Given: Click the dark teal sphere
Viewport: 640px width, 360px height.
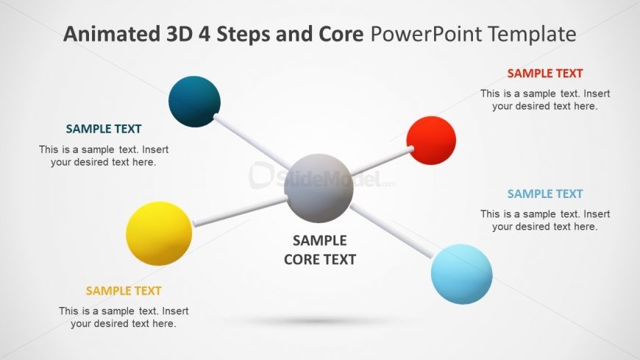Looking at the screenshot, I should point(194,101).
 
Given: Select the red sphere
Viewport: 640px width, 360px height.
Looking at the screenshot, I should point(431,140).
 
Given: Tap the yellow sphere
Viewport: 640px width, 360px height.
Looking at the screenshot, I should point(159,233).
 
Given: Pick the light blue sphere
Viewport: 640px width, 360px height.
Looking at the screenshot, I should point(461,274).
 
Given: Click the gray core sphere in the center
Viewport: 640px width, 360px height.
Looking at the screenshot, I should point(319,188).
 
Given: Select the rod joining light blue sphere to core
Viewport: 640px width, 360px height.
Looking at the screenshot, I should point(391,232).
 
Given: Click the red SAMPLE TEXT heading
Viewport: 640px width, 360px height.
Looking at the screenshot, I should point(544,74).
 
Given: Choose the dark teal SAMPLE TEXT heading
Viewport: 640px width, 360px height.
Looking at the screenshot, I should point(104,129).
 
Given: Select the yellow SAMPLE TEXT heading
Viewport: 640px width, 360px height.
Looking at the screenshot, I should point(124,291).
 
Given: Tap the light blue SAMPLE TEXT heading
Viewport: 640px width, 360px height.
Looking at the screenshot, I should point(544,194).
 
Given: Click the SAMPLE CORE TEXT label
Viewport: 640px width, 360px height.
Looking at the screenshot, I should point(319,250).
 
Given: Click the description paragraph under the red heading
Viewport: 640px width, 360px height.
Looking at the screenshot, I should point(545,99).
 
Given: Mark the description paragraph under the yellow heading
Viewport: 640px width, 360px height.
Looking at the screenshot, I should point(124,317).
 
